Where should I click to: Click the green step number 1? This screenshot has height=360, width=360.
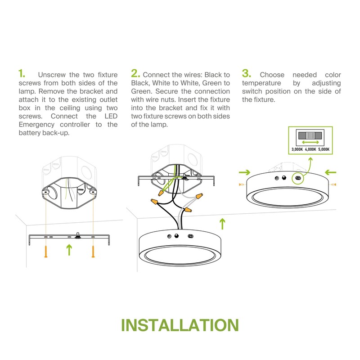coord(22,74)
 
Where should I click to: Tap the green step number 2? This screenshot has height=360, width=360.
coord(135,73)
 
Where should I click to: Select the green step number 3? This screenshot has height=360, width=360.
coord(246,73)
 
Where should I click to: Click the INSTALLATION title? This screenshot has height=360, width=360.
coord(180,325)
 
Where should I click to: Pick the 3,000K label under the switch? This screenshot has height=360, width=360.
coord(297,149)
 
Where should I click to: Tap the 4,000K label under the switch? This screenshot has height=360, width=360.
coord(310,149)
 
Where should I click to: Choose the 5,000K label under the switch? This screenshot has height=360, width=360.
coord(324,149)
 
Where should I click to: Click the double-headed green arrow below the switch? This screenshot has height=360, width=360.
coord(310,142)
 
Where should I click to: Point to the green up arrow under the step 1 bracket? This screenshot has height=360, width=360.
coord(69,250)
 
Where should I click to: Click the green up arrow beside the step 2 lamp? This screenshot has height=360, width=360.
coord(222,224)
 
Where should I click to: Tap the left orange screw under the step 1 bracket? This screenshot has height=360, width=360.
coord(46,252)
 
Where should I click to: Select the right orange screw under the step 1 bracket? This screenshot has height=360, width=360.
coord(93,252)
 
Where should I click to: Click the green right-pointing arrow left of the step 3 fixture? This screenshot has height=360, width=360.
coord(244,172)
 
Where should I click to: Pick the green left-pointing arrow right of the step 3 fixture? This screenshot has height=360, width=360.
coord(331,172)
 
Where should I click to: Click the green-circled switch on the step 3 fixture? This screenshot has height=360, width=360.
coord(298,178)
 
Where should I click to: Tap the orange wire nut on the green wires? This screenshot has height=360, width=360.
coord(161,193)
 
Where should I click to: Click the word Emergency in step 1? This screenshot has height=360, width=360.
coord(36,125)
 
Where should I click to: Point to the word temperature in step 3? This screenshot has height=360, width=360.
coord(261,83)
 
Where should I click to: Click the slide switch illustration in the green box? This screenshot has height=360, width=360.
coord(310,135)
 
